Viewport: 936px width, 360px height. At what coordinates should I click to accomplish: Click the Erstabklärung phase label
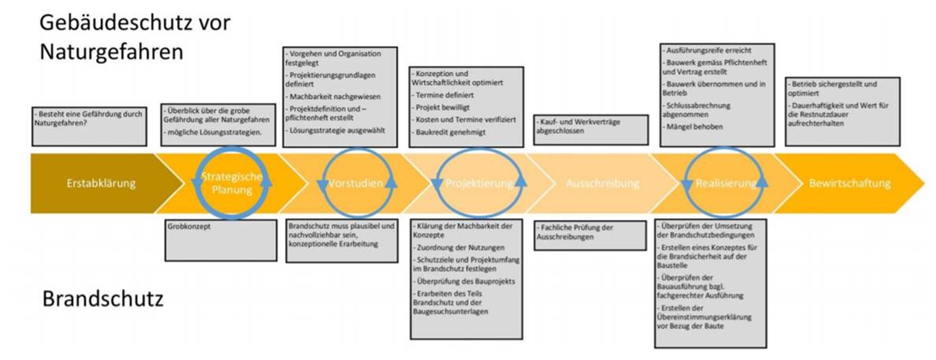tap(101, 183)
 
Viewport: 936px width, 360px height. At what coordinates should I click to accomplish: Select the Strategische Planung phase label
tap(231, 183)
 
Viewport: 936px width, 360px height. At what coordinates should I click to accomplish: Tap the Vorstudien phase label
tap(355, 183)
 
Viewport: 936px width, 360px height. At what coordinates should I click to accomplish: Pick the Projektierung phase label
tap(479, 183)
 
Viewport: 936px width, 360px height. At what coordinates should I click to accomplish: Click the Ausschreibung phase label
tap(602, 183)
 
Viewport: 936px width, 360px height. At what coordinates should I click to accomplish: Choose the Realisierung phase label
tap(726, 183)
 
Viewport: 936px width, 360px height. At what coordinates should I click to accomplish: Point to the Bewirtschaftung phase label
tap(849, 183)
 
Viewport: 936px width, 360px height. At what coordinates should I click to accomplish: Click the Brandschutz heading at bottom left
tap(103, 299)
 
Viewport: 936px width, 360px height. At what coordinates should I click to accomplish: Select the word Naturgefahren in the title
tap(111, 52)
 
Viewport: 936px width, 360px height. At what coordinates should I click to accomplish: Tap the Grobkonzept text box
tap(220, 240)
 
